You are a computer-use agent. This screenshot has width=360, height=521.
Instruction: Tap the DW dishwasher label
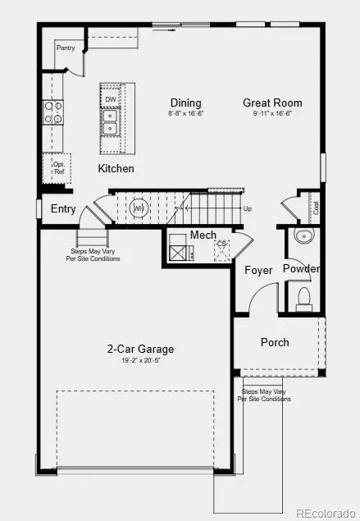(110, 99)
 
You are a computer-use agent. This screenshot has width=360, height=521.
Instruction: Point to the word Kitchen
(116, 168)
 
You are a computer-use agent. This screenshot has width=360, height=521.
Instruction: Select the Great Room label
(272, 103)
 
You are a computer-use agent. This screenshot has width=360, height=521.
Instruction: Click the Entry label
(63, 209)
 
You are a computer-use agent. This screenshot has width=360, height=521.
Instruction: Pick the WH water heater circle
(139, 208)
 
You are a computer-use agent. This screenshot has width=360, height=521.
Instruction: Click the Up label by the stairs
(248, 208)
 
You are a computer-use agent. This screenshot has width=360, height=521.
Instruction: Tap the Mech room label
(203, 235)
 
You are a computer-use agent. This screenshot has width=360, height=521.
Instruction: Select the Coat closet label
(316, 208)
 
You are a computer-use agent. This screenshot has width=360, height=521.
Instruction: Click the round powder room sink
(305, 238)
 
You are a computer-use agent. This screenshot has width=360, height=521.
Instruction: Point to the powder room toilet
(303, 296)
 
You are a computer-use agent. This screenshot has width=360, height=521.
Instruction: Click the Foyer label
(258, 270)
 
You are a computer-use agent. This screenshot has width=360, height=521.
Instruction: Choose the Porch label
(275, 342)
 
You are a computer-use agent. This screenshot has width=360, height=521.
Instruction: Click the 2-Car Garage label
(140, 349)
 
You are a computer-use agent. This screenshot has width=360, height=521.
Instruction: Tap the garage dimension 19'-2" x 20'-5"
(140, 361)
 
